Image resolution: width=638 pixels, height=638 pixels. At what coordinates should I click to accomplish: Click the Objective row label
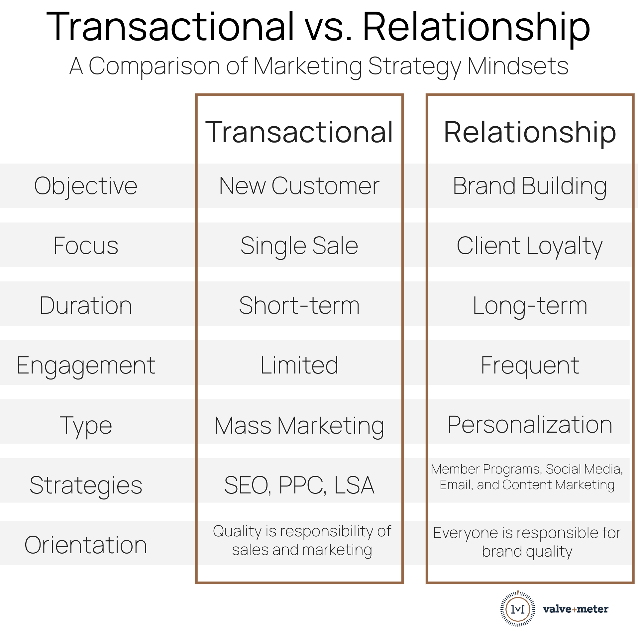pyautogui.click(x=86, y=186)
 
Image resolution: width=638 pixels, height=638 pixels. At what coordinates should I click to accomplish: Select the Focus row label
pyautogui.click(x=86, y=246)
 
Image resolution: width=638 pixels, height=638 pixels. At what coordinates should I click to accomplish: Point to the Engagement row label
pyautogui.click(x=86, y=366)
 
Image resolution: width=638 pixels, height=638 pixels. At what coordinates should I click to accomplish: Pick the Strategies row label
pyautogui.click(x=86, y=485)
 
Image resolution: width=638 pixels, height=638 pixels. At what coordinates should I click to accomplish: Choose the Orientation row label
pyautogui.click(x=86, y=545)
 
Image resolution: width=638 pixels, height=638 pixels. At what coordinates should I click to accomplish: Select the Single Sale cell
pyautogui.click(x=299, y=246)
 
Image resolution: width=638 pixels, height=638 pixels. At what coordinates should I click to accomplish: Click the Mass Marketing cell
pyautogui.click(x=299, y=426)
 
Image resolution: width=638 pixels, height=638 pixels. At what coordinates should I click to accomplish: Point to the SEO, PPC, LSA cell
pyautogui.click(x=299, y=485)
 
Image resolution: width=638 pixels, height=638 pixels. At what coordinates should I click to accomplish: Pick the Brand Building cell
pyautogui.click(x=530, y=186)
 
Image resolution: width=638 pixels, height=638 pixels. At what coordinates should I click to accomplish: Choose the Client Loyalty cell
pyautogui.click(x=530, y=246)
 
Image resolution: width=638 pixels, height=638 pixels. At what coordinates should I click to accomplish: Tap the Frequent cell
pyautogui.click(x=530, y=366)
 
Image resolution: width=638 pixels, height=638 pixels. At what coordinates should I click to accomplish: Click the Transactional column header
pyautogui.click(x=299, y=132)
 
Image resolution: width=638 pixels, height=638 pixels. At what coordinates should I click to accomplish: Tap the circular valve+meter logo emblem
pyautogui.click(x=518, y=609)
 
